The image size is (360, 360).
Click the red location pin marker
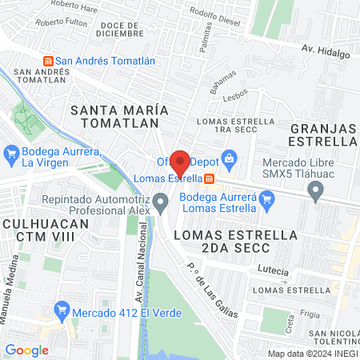tap(180, 162)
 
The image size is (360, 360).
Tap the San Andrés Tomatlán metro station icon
tap(47, 61)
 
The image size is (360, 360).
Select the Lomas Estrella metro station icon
tap(208, 178)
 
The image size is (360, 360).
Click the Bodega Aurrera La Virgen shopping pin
tap(11, 151)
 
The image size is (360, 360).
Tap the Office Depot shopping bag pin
tap(230, 158)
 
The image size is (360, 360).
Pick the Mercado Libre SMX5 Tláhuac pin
tap(316, 191)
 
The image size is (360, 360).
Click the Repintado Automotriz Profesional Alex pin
tap(162, 202)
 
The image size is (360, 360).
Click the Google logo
tap(27, 350)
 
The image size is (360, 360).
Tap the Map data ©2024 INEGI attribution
tap(312, 354)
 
